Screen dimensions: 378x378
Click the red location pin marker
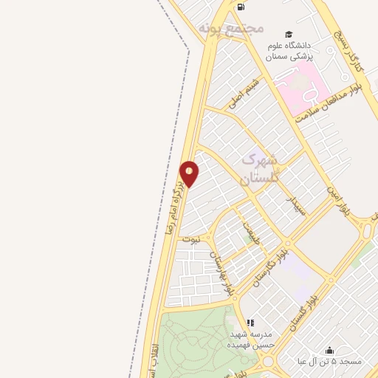[190, 173]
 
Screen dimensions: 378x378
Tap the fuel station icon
[241, 7]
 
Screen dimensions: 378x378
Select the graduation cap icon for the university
[289, 35]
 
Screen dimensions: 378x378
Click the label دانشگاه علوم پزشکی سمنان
[289, 51]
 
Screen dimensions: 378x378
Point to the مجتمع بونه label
[230, 28]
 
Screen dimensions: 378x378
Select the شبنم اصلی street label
[246, 93]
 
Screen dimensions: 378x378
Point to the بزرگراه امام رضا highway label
[177, 198]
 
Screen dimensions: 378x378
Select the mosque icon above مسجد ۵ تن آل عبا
[329, 350]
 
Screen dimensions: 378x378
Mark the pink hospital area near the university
[303, 85]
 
